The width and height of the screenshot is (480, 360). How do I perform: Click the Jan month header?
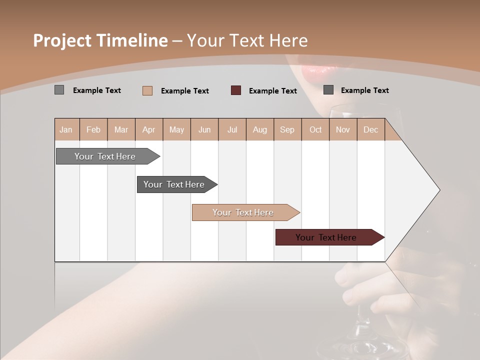(66, 129)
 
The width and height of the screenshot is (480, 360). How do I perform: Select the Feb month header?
(93, 129)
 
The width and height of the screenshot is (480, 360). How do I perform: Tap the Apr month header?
(148, 129)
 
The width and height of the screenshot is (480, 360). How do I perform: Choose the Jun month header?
(204, 129)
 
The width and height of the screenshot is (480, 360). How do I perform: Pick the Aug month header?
(259, 129)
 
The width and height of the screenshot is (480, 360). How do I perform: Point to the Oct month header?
(315, 129)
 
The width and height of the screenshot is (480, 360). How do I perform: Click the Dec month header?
(370, 129)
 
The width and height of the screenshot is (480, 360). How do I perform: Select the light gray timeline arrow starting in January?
(105, 156)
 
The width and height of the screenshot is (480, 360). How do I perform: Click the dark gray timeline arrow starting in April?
(174, 184)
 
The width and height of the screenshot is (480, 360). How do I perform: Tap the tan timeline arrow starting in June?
(243, 212)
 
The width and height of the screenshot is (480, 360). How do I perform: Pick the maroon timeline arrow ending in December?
(326, 237)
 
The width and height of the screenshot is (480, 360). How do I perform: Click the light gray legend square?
(59, 90)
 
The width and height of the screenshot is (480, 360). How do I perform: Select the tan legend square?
(147, 90)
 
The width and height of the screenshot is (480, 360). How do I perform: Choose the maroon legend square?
(236, 90)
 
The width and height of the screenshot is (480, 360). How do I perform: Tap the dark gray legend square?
(328, 90)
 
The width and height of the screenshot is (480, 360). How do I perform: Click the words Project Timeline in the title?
(100, 40)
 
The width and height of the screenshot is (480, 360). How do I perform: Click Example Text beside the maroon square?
(272, 91)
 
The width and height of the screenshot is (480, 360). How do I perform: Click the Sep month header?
(287, 129)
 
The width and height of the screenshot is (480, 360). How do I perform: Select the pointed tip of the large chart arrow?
(438, 190)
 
